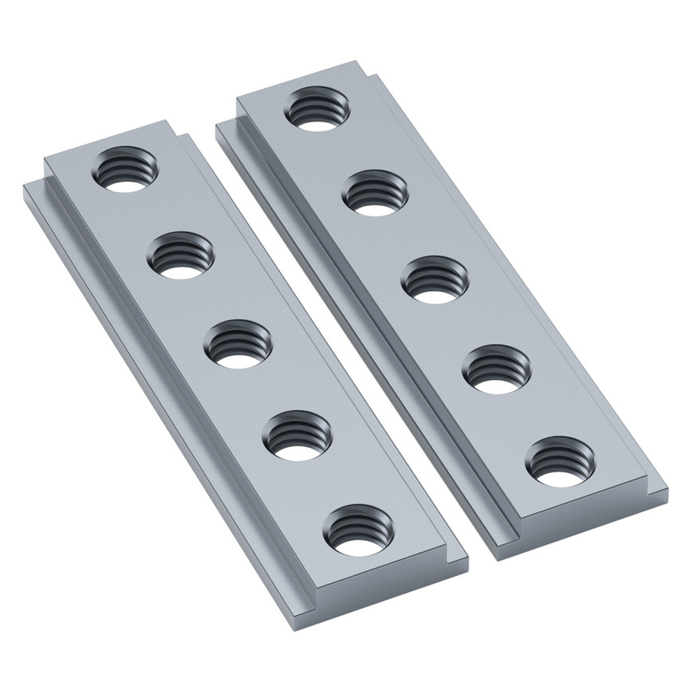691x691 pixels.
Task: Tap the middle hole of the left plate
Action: [x=238, y=344]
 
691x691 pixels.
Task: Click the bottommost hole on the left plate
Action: [x=357, y=532]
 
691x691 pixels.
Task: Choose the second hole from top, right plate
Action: [x=374, y=193]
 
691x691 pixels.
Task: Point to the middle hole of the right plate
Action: [x=434, y=280]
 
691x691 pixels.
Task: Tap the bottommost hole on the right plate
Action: [x=560, y=460]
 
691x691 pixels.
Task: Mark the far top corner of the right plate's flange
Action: [x=218, y=124]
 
